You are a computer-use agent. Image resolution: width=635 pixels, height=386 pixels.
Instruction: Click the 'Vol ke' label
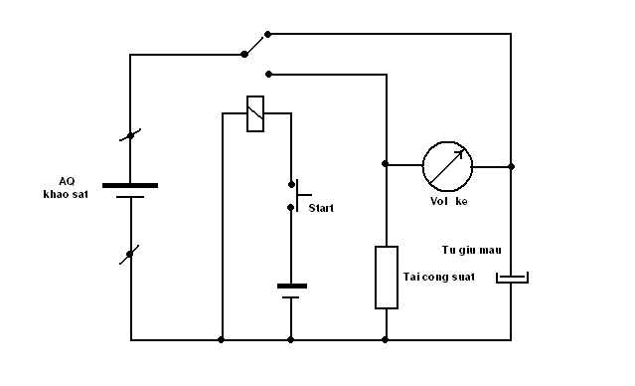tap(449, 201)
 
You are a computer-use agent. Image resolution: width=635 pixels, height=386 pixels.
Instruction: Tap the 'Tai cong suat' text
tap(438, 277)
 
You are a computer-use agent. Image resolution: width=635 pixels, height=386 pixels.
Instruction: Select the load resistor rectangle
tap(387, 278)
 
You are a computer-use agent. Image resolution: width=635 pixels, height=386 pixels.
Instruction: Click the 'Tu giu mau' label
tap(471, 250)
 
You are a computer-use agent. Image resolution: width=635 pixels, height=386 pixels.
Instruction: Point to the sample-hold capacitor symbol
tap(513, 278)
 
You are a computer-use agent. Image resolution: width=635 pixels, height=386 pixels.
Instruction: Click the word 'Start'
tap(321, 208)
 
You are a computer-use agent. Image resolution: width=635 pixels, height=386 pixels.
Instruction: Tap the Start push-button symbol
tap(300, 196)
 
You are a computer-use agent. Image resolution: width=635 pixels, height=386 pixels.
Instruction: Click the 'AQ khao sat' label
tap(66, 187)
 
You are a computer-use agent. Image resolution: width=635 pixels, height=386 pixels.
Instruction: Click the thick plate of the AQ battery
tap(130, 185)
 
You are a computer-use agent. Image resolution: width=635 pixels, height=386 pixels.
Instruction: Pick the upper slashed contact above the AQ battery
tap(130, 135)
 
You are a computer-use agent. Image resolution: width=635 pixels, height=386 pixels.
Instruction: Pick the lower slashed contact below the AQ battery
tap(129, 255)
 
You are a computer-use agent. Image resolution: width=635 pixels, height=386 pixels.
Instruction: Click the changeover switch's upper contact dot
tap(267, 34)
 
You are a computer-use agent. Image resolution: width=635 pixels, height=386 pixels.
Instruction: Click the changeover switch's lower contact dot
tap(268, 75)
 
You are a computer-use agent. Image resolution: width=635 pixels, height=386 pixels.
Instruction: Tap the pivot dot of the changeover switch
tap(244, 54)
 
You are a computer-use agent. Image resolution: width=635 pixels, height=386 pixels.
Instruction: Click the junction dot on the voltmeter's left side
tap(386, 164)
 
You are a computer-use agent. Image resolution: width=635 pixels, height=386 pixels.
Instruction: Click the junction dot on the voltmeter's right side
tap(511, 166)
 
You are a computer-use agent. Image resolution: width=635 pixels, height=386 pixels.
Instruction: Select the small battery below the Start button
tap(292, 291)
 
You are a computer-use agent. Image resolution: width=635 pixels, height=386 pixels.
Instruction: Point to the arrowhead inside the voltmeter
tap(459, 154)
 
